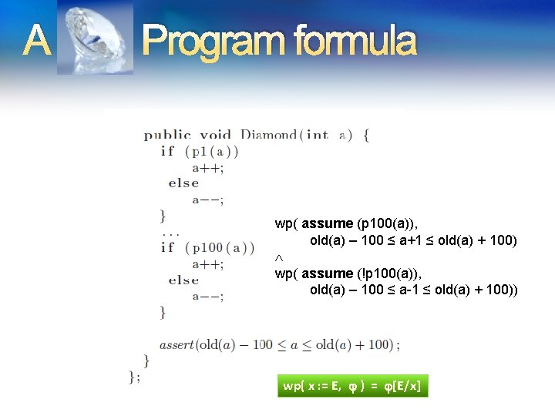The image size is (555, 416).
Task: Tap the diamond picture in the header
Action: click(x=95, y=38)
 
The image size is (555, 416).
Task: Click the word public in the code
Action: click(x=167, y=135)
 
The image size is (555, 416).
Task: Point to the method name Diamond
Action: click(x=269, y=135)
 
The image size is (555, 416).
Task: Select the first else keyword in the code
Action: click(x=184, y=183)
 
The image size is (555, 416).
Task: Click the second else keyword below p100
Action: click(x=184, y=280)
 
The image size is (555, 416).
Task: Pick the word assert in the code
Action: click(x=177, y=344)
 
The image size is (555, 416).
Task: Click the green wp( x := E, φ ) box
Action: click(x=353, y=386)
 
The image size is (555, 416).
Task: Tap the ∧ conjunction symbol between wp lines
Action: click(x=279, y=257)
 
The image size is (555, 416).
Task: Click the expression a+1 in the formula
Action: click(x=411, y=240)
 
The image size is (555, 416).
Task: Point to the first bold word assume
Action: click(x=328, y=224)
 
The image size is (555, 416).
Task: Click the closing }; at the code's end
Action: click(x=134, y=376)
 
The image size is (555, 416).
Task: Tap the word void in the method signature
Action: click(x=216, y=135)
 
